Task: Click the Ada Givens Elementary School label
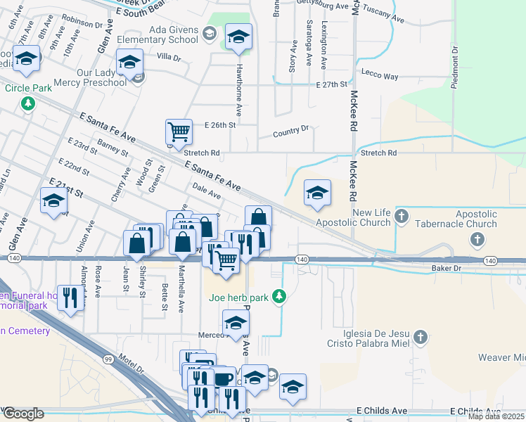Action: [174, 34]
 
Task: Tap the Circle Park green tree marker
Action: [27, 104]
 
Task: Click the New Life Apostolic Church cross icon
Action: [402, 215]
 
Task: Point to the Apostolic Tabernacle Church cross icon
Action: [477, 239]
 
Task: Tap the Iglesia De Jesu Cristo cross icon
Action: [421, 337]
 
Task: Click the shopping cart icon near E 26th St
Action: [179, 132]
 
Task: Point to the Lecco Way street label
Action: [380, 76]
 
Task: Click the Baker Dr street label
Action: [447, 269]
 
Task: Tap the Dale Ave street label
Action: [207, 191]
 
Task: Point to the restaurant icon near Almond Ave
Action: [70, 297]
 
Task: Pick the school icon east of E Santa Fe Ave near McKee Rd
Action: [317, 193]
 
